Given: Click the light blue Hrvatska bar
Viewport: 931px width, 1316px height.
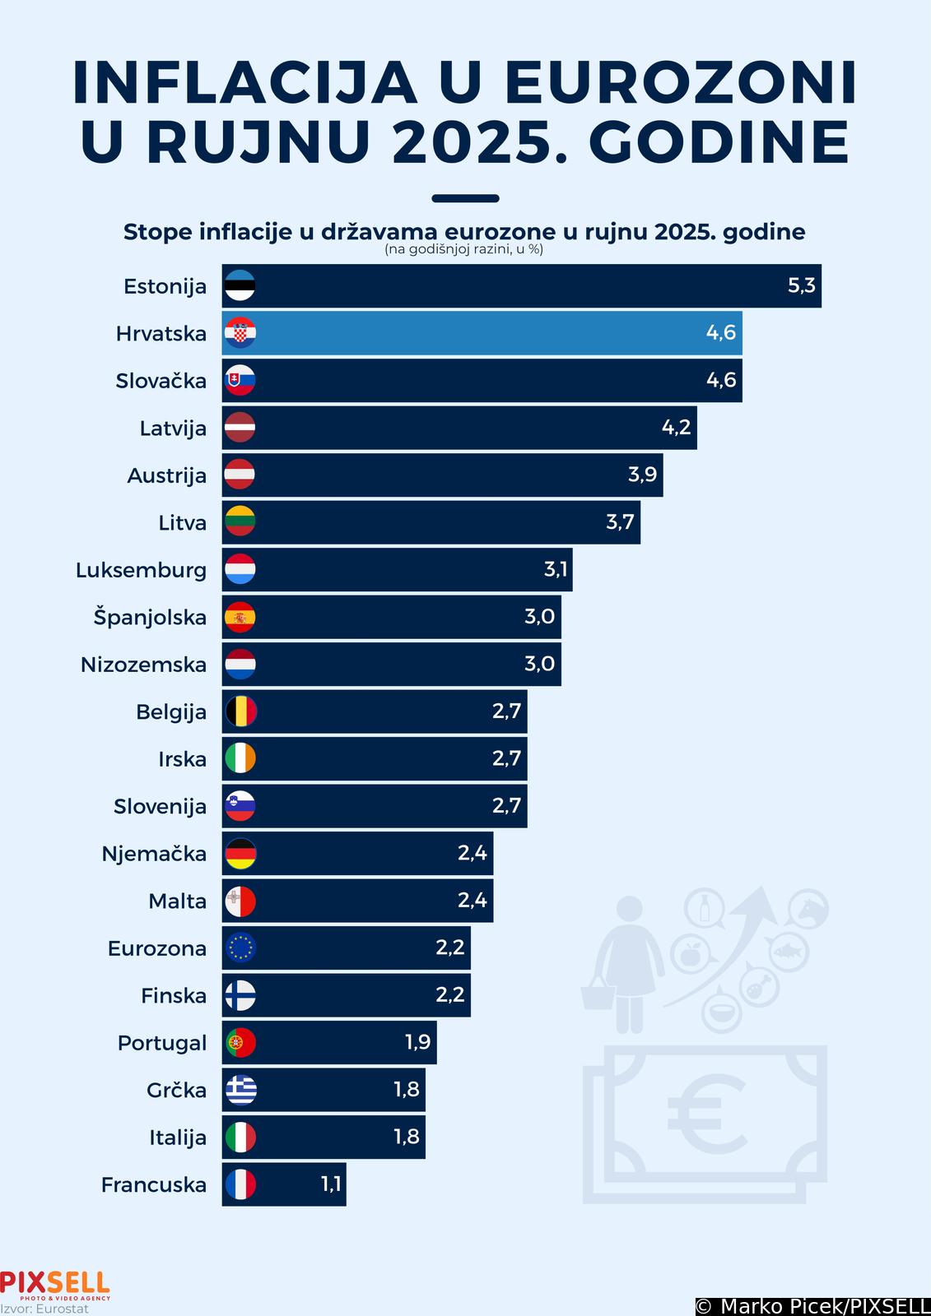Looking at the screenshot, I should tap(482, 333).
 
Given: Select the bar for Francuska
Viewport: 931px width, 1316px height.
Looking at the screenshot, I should tap(284, 1184).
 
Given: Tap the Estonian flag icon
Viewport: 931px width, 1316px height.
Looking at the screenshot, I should tap(240, 286).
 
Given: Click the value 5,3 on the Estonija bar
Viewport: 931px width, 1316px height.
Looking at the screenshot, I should tap(801, 285).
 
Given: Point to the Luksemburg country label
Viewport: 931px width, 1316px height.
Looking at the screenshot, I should tap(141, 570).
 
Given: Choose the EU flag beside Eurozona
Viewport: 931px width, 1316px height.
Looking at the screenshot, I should tap(240, 948).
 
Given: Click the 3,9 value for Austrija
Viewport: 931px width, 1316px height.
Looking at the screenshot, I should tap(642, 475).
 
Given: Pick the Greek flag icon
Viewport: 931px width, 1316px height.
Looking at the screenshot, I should tap(240, 1090).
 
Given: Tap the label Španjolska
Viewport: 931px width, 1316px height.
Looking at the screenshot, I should tap(150, 618).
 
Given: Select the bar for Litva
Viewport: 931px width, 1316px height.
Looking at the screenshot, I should tap(431, 522).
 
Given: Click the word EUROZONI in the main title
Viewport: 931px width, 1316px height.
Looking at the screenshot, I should tap(681, 83).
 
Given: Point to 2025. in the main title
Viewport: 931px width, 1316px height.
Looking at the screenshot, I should tap(481, 141).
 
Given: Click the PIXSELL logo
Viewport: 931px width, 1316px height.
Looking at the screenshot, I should tap(54, 1283).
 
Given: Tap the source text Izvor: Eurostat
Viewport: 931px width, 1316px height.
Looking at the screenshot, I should tap(44, 1309).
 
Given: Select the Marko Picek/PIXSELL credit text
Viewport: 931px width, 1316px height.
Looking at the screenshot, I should tap(812, 1306).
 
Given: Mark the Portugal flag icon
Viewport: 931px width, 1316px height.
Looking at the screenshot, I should tap(240, 1043).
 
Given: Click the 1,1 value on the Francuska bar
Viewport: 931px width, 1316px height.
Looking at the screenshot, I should tap(330, 1184).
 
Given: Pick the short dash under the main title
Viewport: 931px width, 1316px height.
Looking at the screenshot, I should tap(465, 198).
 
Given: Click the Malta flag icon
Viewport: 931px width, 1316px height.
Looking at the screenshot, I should tap(240, 901).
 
